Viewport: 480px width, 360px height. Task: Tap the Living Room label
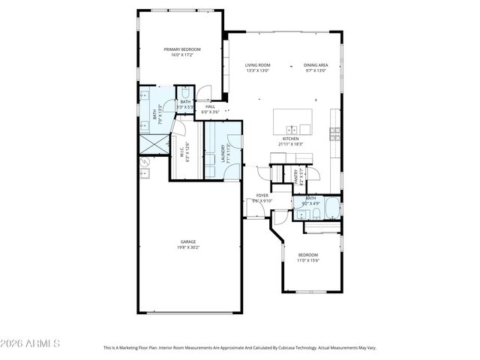coord(257,65)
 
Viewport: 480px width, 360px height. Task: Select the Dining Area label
coord(316,65)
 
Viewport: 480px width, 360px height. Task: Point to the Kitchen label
coord(290,139)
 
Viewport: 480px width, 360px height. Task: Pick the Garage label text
coord(187,241)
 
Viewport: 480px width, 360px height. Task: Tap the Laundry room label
coord(223,154)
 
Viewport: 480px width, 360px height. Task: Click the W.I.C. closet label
coord(181,152)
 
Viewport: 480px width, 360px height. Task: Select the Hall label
coord(210,106)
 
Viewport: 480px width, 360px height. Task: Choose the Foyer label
coord(262,195)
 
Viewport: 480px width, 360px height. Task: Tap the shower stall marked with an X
coord(154,142)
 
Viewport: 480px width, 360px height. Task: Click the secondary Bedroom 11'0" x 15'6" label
coord(308,255)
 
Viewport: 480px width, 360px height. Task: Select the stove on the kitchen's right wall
coord(335,135)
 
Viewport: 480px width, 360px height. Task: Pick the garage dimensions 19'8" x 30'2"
coord(187,247)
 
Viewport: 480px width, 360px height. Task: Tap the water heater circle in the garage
coord(146,160)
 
